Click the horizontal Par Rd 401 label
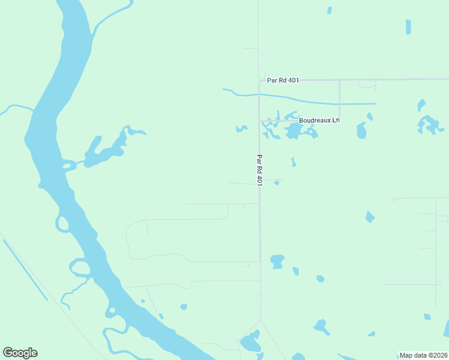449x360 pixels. [283, 80]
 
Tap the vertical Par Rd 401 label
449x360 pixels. [259, 170]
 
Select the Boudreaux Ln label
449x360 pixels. [319, 120]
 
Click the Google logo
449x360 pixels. [20, 353]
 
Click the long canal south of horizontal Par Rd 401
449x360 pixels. [312, 101]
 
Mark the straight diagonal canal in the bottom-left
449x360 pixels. [25, 270]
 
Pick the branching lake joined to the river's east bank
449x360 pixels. [105, 150]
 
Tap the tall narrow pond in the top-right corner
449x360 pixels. [408, 27]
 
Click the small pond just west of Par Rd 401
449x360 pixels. [242, 128]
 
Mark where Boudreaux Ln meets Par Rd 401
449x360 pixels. [260, 121]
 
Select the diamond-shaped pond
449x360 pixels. [370, 217]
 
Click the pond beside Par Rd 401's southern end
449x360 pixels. [277, 261]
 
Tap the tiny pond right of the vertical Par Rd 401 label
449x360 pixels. [277, 182]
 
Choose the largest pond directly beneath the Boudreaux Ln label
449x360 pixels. [294, 131]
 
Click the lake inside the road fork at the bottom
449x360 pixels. [250, 343]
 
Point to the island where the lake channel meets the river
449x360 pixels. [67, 164]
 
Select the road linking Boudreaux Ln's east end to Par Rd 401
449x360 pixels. [340, 99]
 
